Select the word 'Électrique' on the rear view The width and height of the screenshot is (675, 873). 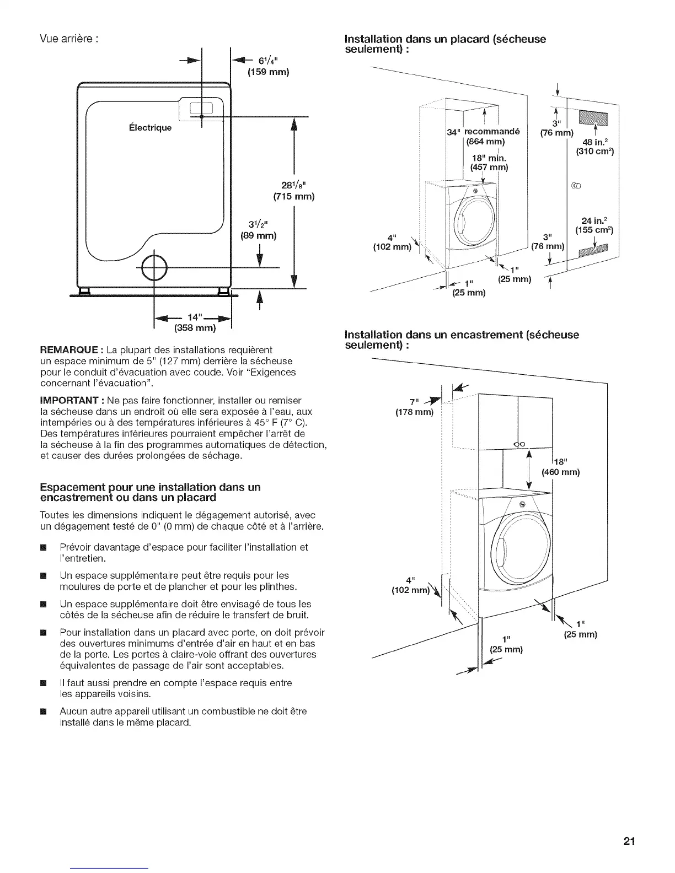[150, 128]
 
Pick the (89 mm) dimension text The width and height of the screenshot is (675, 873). [258, 236]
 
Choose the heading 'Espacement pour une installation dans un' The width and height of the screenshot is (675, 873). [150, 487]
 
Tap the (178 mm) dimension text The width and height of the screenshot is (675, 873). [415, 412]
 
